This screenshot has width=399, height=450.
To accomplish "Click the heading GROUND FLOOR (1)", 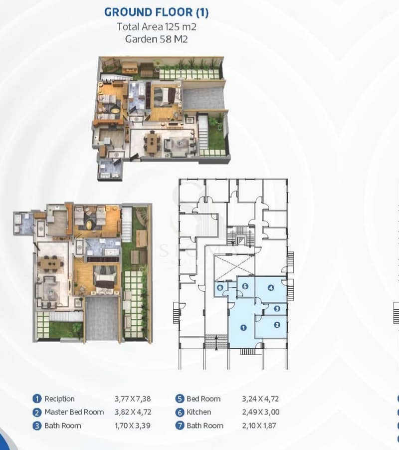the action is point(156,12).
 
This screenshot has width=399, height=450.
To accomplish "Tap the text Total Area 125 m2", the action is point(157,26).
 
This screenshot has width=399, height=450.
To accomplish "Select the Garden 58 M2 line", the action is point(156,39).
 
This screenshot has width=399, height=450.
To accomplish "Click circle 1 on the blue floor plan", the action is point(243,327).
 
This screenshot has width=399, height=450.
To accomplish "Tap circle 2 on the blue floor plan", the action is point(277,325).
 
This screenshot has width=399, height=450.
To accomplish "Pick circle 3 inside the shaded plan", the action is point(277,308).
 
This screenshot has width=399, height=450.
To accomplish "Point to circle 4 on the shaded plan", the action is point(271,287).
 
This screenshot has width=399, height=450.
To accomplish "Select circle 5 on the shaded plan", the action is point(245,286).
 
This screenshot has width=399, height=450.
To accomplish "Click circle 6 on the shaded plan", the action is point(220,287).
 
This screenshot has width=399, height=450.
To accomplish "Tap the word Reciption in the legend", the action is point(59,399).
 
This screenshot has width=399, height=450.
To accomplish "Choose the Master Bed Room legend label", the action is point(74,412).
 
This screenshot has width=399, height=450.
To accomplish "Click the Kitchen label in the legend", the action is point(199,412).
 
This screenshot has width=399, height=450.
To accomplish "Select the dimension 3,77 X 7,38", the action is point(133,399).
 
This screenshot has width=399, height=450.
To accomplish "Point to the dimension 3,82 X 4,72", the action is point(133,412).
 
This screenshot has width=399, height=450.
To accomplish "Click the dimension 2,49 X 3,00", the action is point(261,412).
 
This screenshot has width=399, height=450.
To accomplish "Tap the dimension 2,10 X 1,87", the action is point(259,426).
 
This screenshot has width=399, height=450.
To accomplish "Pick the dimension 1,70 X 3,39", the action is point(133,426).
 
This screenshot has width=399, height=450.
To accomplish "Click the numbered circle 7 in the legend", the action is point(180,426).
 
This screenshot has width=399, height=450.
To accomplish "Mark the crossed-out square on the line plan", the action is point(234,267).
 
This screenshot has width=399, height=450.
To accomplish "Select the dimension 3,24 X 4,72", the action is point(260,399).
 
